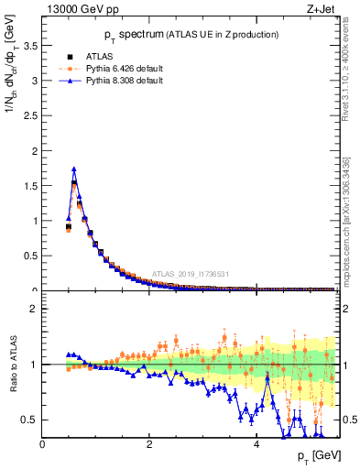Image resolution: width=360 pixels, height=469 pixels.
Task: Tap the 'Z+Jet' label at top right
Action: click(x=321, y=10)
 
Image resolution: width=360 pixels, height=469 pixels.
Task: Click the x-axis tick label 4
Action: click(x=256, y=444)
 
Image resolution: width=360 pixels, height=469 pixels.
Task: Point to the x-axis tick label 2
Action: click(x=149, y=444)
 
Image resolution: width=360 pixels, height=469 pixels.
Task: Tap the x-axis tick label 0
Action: click(x=42, y=444)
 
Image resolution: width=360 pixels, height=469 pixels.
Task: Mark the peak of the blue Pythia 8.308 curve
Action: click(x=74, y=169)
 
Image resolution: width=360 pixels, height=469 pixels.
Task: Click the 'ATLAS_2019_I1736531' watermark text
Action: click(x=191, y=274)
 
